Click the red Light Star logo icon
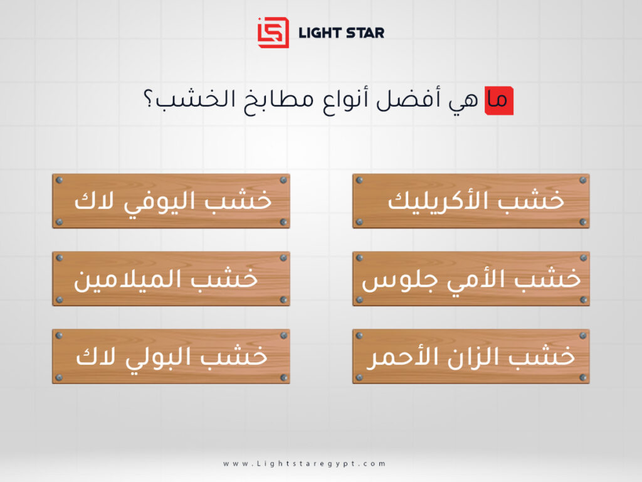coord(273,32)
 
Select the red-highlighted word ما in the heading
coord(498,101)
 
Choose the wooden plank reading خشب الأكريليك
coord(471,201)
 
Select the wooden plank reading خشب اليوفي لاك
coord(171,201)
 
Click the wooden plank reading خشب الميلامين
coord(171,279)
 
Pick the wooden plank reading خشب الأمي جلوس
coord(471,279)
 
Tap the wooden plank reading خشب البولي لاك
coord(171,356)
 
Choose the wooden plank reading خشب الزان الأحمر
coord(471,356)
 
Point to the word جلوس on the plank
coord(386,280)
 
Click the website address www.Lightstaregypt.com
coord(304,464)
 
